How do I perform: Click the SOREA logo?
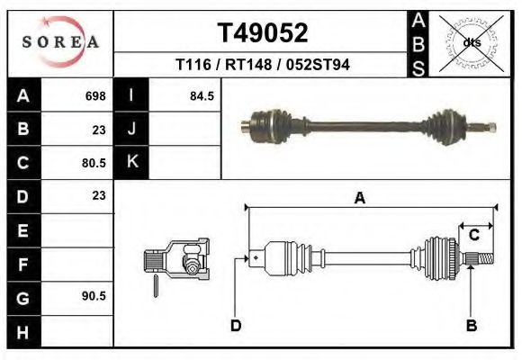click(60, 42)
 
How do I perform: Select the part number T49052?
click(263, 33)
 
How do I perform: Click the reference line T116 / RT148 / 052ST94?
click(263, 65)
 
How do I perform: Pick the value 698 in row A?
click(94, 95)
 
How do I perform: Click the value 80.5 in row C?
click(94, 163)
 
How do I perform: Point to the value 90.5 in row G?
click(94, 295)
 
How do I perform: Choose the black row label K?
click(131, 162)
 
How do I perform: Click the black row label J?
click(131, 129)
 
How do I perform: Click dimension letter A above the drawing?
click(360, 199)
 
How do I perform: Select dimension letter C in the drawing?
click(473, 235)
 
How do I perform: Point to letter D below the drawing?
click(236, 325)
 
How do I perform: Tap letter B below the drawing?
click(471, 325)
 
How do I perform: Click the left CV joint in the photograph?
click(267, 122)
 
